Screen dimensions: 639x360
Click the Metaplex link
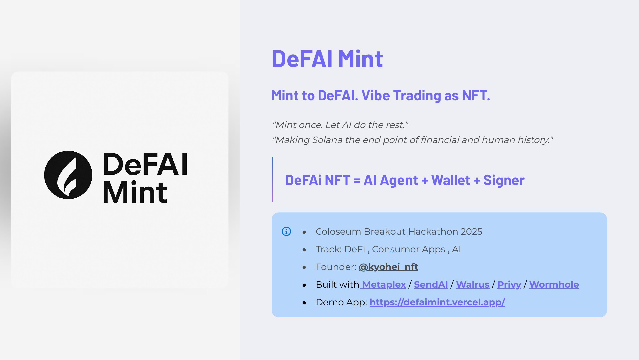click(x=384, y=285)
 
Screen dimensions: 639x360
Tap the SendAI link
click(x=431, y=285)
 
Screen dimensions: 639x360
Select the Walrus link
click(x=473, y=285)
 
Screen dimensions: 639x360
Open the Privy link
click(x=509, y=285)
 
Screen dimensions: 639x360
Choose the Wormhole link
click(x=554, y=285)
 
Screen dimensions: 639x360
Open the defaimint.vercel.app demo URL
click(x=437, y=302)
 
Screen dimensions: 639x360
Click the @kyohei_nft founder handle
click(x=388, y=267)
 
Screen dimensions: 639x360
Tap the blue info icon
click(x=286, y=231)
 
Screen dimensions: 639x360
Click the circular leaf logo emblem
click(x=68, y=175)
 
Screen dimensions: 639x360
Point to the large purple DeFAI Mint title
click(x=327, y=59)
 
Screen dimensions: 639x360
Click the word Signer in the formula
click(x=504, y=180)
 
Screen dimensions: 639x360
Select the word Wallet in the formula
click(x=451, y=180)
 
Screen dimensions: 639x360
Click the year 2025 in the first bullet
click(x=471, y=232)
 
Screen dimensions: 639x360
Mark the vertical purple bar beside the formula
click(x=272, y=180)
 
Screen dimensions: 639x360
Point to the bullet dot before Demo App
click(x=304, y=303)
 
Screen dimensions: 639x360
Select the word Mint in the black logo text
click(x=135, y=192)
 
